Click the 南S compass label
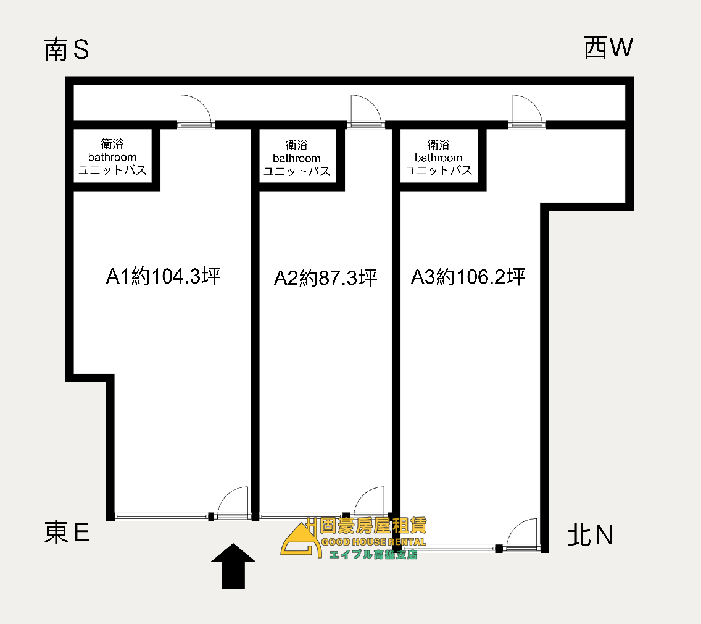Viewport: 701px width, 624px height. tap(67, 49)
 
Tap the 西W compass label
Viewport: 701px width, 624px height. tap(608, 48)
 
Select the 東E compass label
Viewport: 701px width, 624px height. tap(67, 532)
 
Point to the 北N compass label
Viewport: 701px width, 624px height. tap(590, 535)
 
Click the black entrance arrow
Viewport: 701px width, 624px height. tap(233, 566)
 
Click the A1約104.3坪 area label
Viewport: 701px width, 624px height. tap(163, 276)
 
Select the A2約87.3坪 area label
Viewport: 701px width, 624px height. tap(325, 278)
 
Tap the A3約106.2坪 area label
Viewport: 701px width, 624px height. tap(468, 277)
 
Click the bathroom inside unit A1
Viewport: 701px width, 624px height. tap(112, 157)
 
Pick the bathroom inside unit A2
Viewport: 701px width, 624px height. tap(297, 158)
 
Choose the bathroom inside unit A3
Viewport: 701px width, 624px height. tap(439, 157)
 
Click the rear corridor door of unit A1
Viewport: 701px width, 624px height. tap(196, 111)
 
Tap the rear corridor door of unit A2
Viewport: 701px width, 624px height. tap(366, 111)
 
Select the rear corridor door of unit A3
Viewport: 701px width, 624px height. tap(527, 111)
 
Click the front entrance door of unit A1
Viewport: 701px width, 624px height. tap(233, 503)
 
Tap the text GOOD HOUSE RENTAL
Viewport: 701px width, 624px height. tap(374, 542)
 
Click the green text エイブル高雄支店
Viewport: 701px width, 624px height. tap(373, 554)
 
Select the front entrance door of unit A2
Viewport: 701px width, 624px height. tap(369, 503)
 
